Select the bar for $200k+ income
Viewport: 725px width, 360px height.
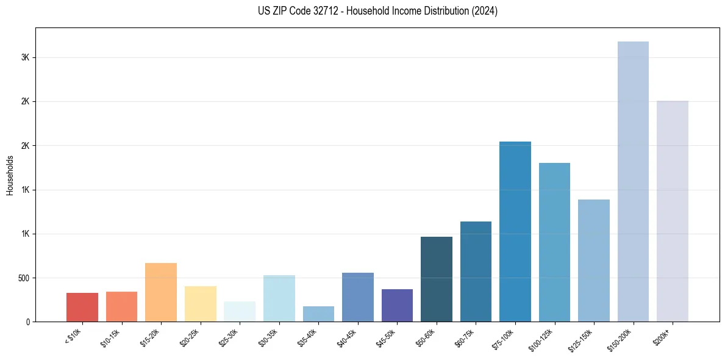pyautogui.click(x=672, y=211)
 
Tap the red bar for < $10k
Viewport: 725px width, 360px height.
pyautogui.click(x=82, y=307)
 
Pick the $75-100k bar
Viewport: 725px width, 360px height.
pyautogui.click(x=515, y=231)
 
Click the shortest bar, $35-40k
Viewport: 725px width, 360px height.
pyautogui.click(x=318, y=314)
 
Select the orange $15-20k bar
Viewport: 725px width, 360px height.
pyautogui.click(x=161, y=292)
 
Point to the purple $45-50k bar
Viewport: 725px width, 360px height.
pyautogui.click(x=397, y=305)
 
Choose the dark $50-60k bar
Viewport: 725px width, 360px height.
pyautogui.click(x=436, y=279)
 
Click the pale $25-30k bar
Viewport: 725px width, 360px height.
pyautogui.click(x=240, y=311)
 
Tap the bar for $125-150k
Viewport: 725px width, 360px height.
pyautogui.click(x=593, y=261)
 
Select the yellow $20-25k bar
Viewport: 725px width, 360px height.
pyautogui.click(x=200, y=304)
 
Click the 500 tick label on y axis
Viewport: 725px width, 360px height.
pyautogui.click(x=24, y=278)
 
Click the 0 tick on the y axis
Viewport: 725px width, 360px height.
pyautogui.click(x=28, y=322)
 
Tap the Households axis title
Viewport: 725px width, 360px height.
pyautogui.click(x=10, y=175)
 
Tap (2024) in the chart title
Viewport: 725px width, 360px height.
pyautogui.click(x=485, y=11)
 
